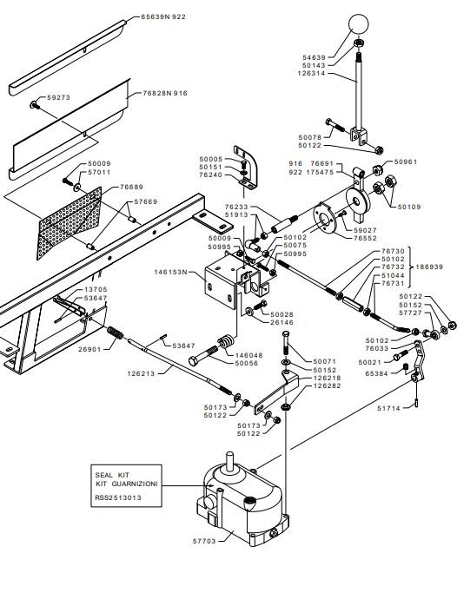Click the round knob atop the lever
359,23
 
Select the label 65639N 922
163,16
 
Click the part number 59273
59,97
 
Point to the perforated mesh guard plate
70,223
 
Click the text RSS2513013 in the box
118,497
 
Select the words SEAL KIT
112,475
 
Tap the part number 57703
204,541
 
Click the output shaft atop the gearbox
230,461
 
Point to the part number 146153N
170,272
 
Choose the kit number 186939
429,267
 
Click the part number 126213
141,373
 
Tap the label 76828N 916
165,93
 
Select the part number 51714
389,408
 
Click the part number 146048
249,355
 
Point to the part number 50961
406,162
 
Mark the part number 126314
312,73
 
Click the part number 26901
89,349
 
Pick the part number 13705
96,289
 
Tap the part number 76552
365,238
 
